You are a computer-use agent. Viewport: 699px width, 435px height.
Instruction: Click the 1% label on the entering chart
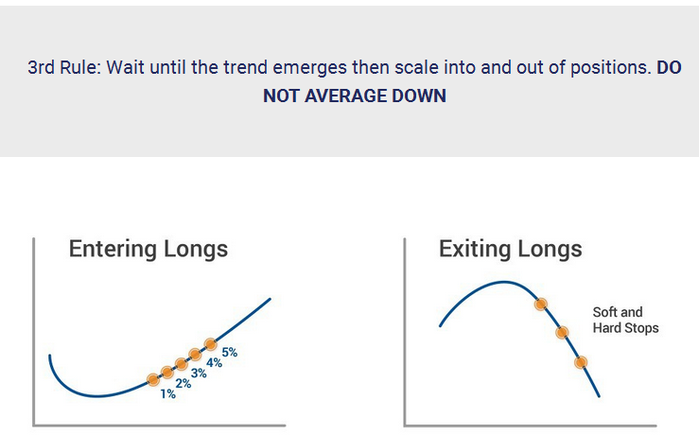168,394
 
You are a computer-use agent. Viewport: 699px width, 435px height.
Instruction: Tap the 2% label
183,383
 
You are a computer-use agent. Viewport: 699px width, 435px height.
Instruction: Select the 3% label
199,373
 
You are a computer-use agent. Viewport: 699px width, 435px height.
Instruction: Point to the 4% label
215,363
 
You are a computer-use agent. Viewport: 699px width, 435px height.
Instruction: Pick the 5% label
230,353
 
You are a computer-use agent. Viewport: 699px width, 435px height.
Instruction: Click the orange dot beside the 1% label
153,380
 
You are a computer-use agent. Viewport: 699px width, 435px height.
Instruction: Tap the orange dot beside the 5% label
210,344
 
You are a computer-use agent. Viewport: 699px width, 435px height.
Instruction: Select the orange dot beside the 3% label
181,364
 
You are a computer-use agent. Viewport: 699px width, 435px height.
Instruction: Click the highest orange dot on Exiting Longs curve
541,304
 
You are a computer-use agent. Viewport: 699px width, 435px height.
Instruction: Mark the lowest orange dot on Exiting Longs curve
581,362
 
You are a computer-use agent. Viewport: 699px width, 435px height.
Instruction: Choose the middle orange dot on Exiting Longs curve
562,332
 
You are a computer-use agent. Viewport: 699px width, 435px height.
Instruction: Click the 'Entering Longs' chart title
149,249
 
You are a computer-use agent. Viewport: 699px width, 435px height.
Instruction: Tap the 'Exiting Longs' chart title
511,249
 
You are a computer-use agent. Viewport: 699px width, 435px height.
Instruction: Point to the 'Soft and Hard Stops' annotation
625,320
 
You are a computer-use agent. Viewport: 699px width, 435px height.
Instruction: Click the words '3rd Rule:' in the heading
64,68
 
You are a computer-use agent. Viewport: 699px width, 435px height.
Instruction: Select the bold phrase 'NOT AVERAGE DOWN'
355,96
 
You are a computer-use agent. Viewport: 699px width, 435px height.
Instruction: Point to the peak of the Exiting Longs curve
504,282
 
